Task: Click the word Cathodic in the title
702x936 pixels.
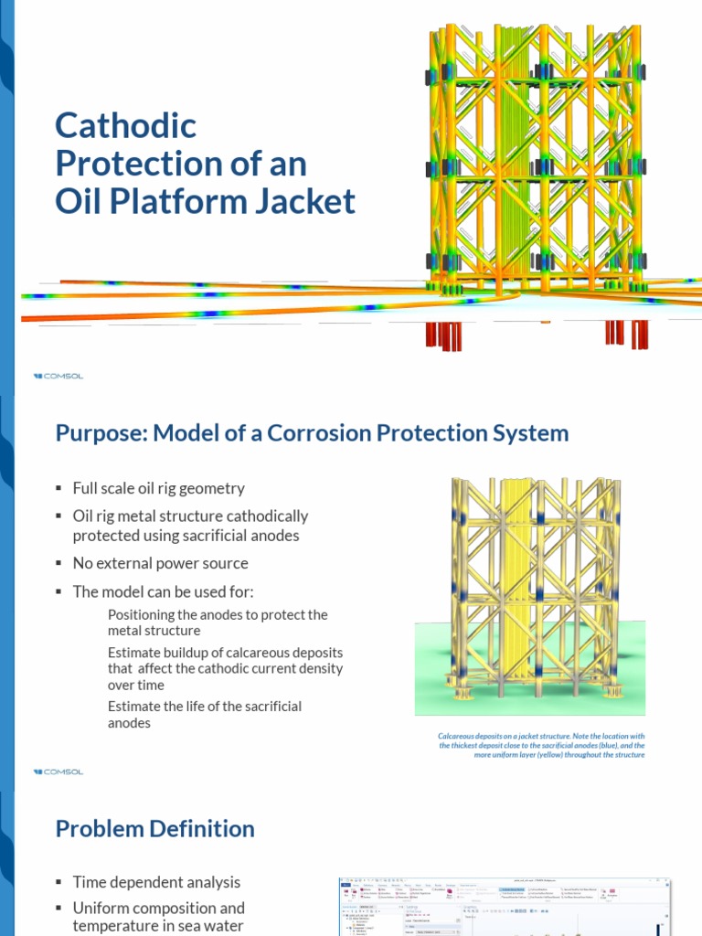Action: (126, 125)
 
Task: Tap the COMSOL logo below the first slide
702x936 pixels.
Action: (58, 376)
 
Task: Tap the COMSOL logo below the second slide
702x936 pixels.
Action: (58, 771)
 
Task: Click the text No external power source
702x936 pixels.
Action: (160, 563)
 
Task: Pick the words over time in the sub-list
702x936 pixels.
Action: (136, 685)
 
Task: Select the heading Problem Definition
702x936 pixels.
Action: (154, 829)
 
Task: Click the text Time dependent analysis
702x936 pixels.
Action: (156, 882)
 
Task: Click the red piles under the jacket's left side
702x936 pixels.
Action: (444, 335)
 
